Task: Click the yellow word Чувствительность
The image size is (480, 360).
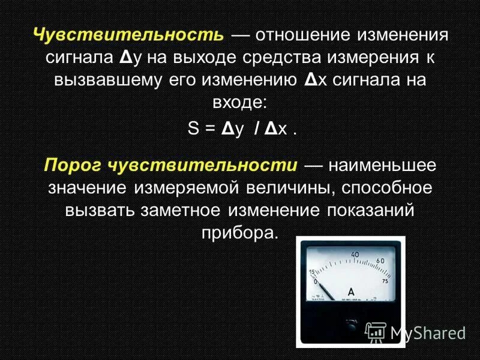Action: (x=128, y=34)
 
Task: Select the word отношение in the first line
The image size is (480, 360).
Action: (x=306, y=34)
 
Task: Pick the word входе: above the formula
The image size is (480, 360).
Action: (x=239, y=103)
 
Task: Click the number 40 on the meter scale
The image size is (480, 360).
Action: (x=355, y=254)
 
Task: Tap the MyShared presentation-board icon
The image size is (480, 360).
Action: (x=376, y=331)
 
